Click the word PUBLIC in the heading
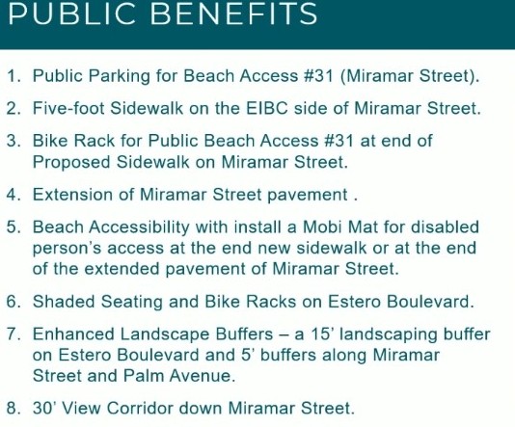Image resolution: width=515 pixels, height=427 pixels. [x=71, y=13]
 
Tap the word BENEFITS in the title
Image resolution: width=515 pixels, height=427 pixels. [x=233, y=13]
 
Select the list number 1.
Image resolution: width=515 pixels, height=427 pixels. [x=14, y=76]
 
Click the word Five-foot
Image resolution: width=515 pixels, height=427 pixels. [x=68, y=108]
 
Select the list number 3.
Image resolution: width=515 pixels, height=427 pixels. [x=14, y=141]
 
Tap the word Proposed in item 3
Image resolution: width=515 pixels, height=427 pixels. [x=71, y=163]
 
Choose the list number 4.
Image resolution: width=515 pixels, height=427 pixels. [x=14, y=195]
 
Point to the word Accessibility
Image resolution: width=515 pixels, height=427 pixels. [x=139, y=227]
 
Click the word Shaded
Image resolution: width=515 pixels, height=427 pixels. [x=64, y=302]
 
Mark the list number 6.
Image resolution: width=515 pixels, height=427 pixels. [x=14, y=302]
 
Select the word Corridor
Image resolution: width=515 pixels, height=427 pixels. [x=140, y=409]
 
